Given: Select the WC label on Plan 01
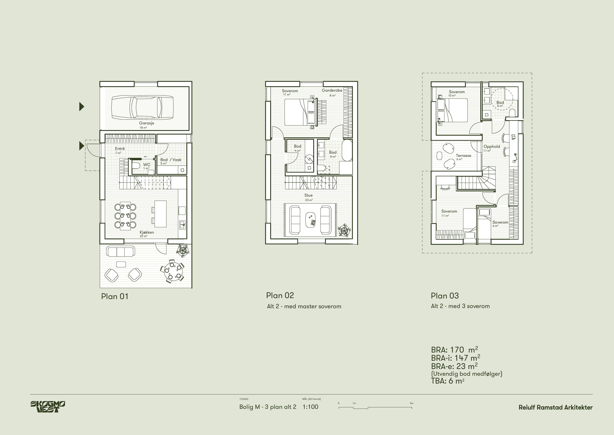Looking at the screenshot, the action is click(147, 164).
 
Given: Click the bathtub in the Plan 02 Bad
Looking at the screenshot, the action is click(347, 151).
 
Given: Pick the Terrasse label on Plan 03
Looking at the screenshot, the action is click(464, 155).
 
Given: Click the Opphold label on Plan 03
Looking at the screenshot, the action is click(491, 147).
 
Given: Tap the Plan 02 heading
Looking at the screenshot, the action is click(280, 295).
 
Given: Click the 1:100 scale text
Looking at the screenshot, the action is click(311, 407).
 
